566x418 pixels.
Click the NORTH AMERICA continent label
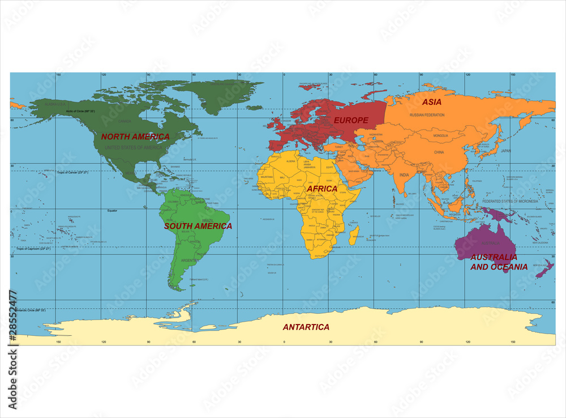135,137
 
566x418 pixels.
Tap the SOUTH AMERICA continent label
198,226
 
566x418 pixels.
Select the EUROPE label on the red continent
351,120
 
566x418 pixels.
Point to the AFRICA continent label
322,189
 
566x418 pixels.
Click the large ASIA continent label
432,102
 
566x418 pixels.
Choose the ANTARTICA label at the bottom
306,327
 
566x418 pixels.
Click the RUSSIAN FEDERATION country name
427,115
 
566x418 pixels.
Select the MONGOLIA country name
440,136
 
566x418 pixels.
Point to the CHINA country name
439,152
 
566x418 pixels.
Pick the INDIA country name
404,175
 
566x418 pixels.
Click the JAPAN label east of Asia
505,151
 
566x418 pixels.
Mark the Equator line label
112,211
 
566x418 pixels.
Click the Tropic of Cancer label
73,172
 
